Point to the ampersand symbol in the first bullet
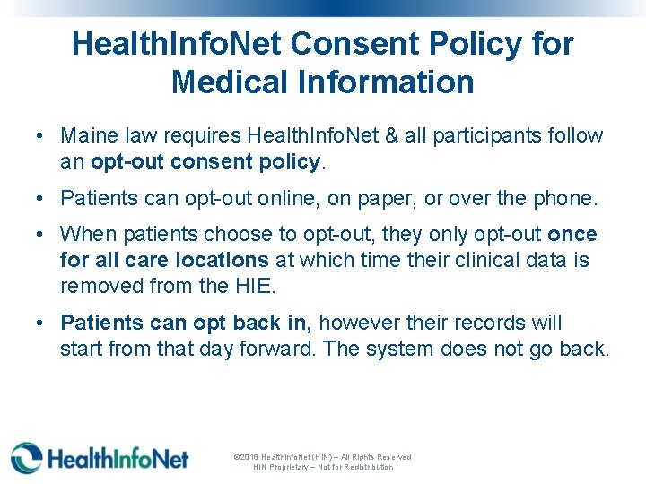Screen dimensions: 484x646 pyautogui.click(x=415, y=136)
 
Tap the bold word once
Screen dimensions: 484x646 pyautogui.click(x=572, y=234)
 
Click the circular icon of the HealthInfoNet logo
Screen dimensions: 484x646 pyautogui.click(x=26, y=457)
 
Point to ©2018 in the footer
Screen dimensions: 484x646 pyautogui.click(x=246, y=457)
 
